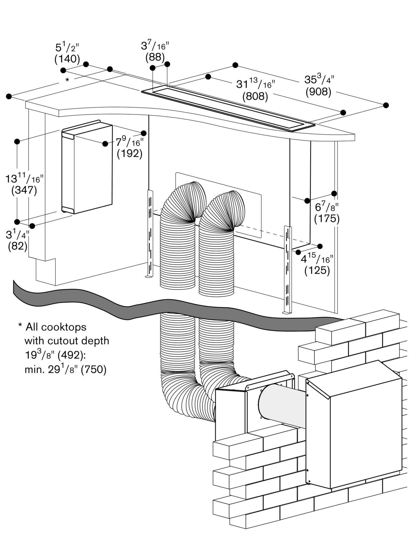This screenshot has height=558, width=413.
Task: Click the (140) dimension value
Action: click(67, 59)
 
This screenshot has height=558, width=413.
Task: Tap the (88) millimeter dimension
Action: click(155, 57)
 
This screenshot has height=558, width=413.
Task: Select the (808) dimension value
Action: click(255, 96)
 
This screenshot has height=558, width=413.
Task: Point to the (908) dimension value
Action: click(318, 92)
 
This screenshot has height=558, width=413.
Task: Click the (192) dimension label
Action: click(130, 153)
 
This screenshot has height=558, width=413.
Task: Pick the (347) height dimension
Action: click(24, 190)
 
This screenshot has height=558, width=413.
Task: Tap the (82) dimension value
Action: click(18, 246)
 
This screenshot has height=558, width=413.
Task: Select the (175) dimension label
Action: click(327, 218)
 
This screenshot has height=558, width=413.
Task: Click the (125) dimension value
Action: click(317, 270)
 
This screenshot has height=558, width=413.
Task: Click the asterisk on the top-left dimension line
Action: click(67, 80)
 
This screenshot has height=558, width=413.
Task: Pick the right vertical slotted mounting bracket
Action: click(288, 269)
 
